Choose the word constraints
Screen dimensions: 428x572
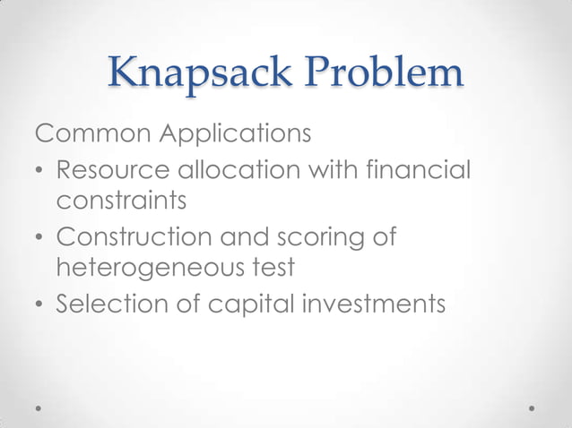[121, 201]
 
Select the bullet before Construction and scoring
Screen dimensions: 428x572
[40, 239]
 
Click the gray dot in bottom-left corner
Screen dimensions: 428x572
[39, 407]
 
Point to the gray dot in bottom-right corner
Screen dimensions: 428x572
[533, 407]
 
